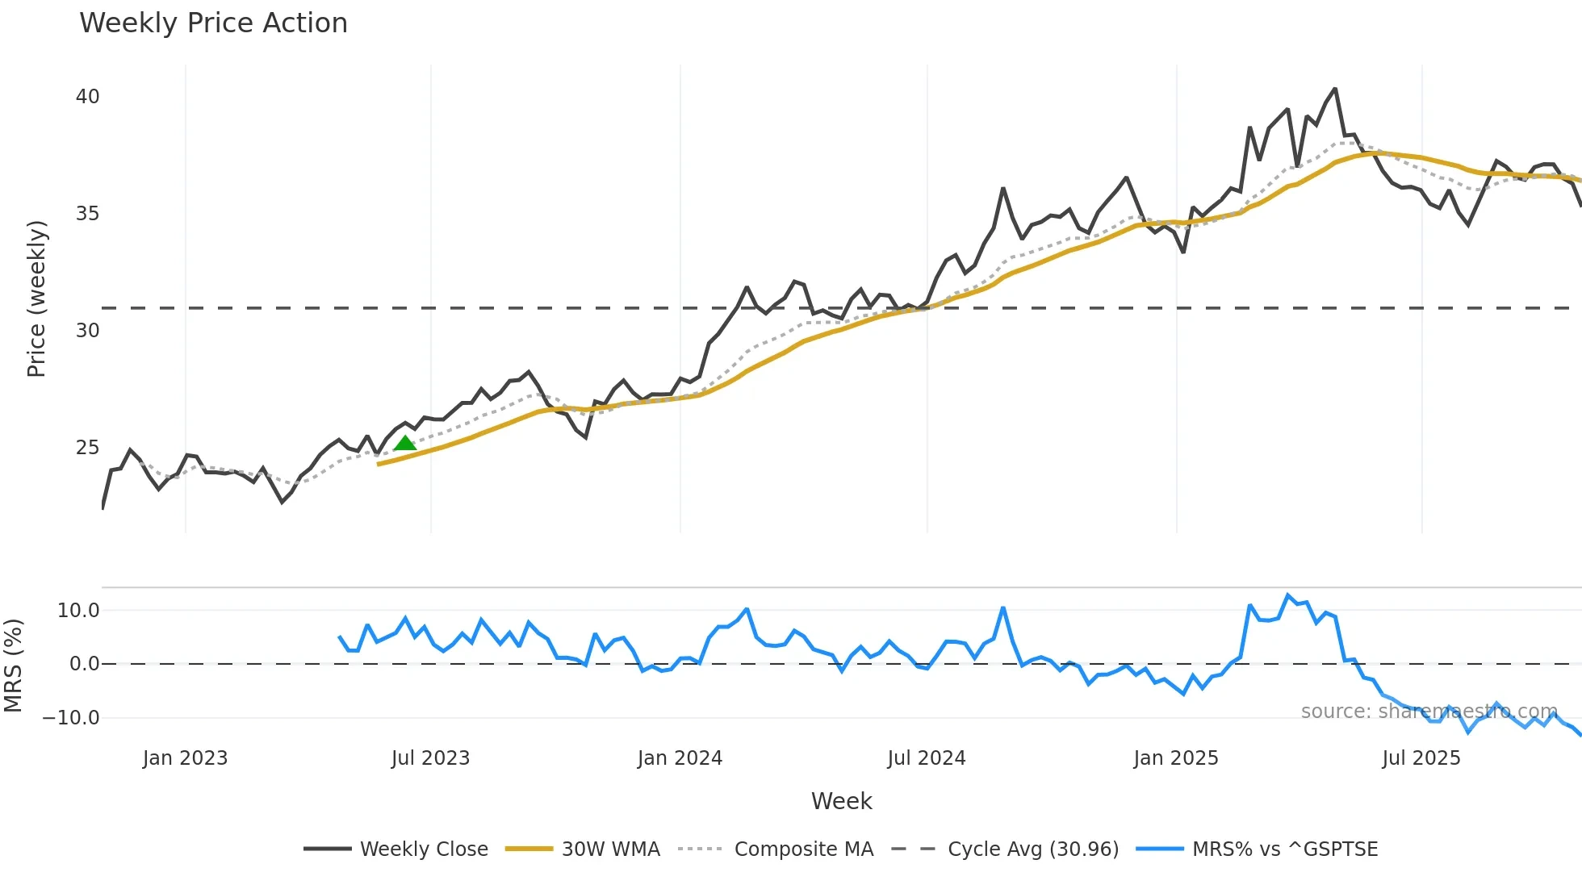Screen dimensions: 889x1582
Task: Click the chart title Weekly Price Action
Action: [x=213, y=23]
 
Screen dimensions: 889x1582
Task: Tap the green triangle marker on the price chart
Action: [x=405, y=443]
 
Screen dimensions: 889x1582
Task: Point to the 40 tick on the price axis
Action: [x=87, y=97]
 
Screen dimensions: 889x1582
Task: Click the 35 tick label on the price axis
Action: [x=87, y=214]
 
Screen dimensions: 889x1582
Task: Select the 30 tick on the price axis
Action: [x=87, y=331]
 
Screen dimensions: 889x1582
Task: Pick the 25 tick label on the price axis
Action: [x=87, y=448]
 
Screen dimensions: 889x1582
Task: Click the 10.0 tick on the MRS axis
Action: [x=78, y=611]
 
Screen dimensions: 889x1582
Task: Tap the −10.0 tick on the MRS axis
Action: [x=71, y=718]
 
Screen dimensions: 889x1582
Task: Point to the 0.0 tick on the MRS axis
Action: [x=84, y=664]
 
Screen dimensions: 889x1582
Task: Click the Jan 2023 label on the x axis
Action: [x=185, y=758]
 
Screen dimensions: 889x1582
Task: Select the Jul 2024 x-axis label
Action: [x=927, y=758]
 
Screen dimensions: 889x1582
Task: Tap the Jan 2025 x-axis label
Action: [x=1175, y=758]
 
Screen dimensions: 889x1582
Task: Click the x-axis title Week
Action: [x=841, y=801]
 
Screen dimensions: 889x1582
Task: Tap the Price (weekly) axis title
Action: [x=36, y=298]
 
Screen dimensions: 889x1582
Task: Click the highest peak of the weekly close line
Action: [x=1335, y=90]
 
